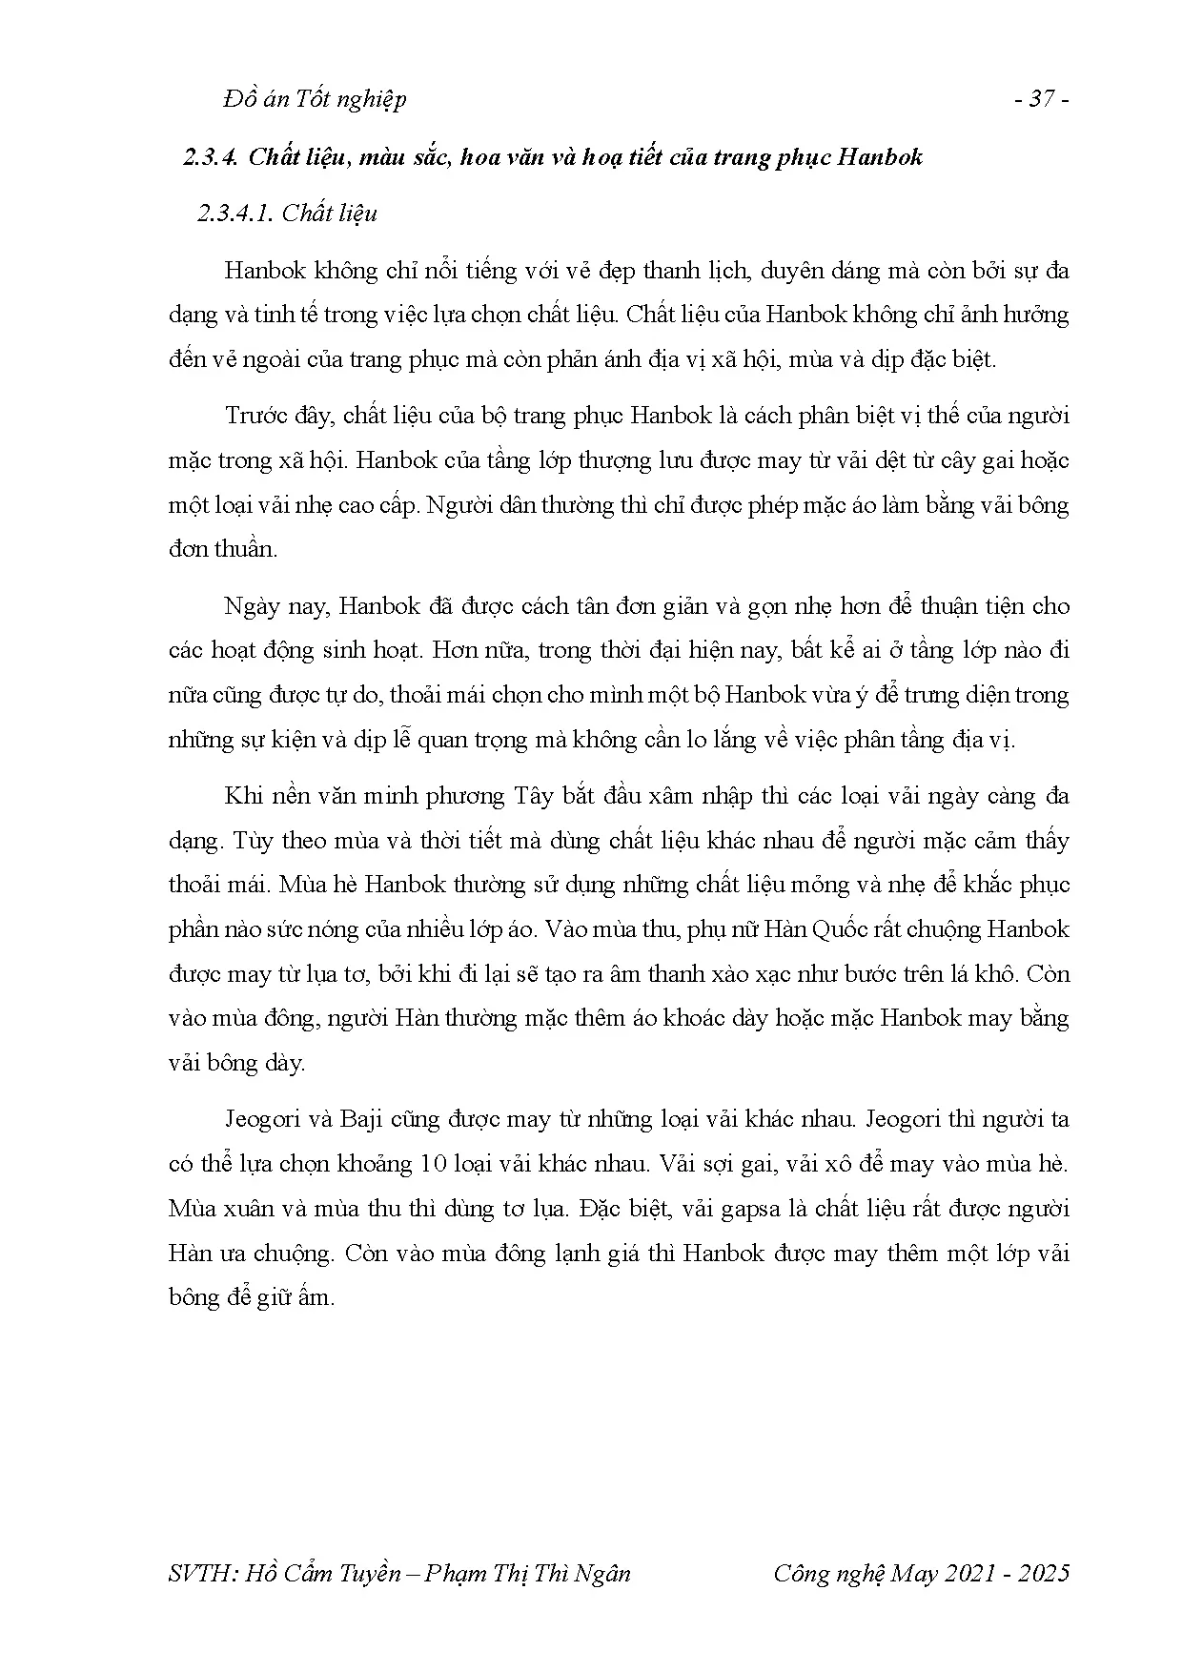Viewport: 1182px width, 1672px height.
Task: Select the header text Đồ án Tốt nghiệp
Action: pyautogui.click(x=316, y=99)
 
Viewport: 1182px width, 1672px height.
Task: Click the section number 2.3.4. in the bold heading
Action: pyautogui.click(x=211, y=156)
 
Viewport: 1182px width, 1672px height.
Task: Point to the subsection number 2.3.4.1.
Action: pyautogui.click(x=235, y=212)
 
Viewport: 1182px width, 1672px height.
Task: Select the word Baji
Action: pyautogui.click(x=357, y=1118)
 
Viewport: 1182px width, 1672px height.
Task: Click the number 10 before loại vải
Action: pyautogui.click(x=427, y=1163)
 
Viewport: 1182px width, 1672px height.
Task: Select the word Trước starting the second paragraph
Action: pyautogui.click(x=255, y=416)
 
